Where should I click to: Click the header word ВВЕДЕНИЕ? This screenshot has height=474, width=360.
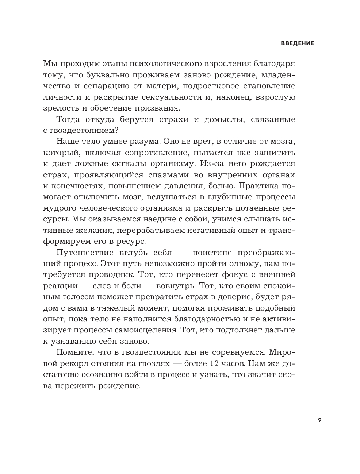pyautogui.click(x=298, y=43)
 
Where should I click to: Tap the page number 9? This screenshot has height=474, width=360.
pyautogui.click(x=319, y=420)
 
